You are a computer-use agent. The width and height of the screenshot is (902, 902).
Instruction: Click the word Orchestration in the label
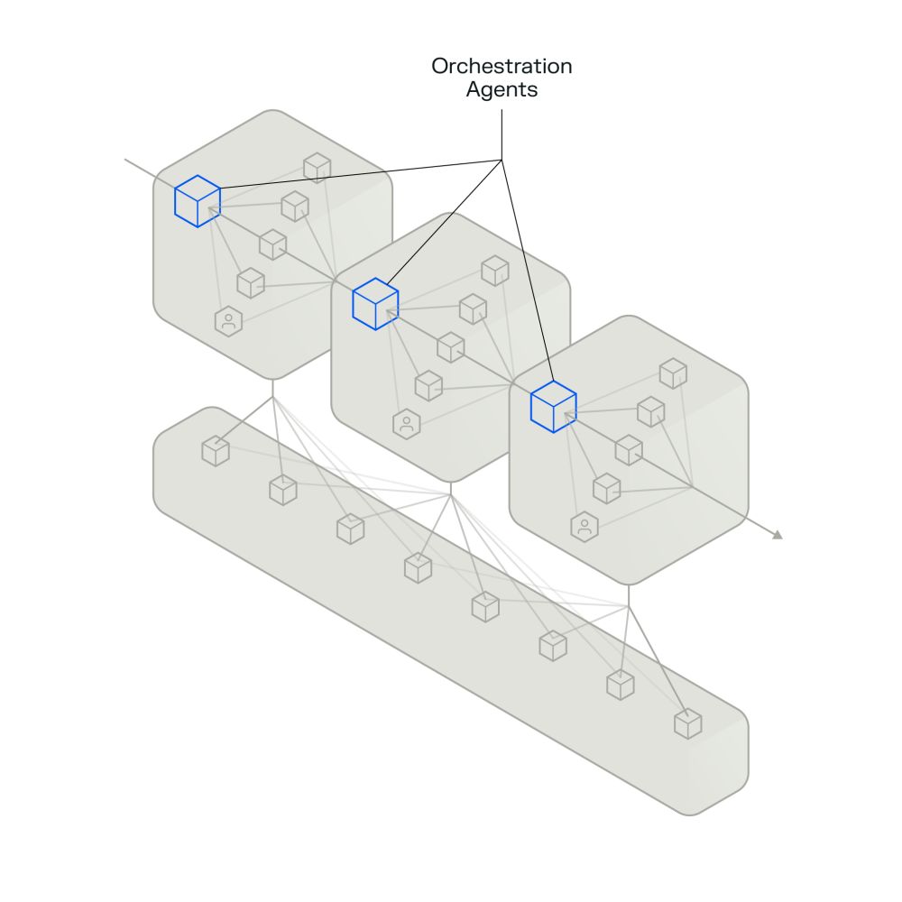pos(501,67)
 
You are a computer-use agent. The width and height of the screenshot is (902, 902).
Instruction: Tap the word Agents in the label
pos(501,90)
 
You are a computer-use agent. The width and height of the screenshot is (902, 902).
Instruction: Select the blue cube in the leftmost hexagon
pos(198,200)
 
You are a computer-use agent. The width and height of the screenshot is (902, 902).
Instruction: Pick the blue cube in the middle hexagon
pos(375,304)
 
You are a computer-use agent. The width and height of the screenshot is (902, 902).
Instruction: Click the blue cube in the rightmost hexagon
pos(553,407)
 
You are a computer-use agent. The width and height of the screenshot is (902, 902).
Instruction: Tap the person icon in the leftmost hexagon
pos(229,320)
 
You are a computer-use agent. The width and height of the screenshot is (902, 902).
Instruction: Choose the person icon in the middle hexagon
pos(407,423)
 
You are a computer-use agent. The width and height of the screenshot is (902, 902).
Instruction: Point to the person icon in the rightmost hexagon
pos(584,527)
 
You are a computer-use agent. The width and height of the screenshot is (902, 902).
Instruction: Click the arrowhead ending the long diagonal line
pos(778,536)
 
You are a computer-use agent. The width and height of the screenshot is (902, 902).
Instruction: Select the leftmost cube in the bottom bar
pos(216,450)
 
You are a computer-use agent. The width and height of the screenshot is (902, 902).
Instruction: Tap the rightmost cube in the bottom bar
pos(687,723)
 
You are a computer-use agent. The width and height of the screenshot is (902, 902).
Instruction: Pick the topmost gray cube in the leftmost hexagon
pos(317,167)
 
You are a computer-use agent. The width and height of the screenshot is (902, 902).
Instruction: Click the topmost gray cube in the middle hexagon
pos(494,271)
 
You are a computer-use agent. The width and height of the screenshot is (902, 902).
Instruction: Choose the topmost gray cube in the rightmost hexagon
pos(673,373)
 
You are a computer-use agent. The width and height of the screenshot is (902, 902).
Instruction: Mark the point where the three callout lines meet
pos(502,161)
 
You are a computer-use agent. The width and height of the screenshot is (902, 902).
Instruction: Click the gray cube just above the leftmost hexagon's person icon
pos(251,282)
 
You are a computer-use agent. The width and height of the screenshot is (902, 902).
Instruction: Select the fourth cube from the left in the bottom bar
pos(418,567)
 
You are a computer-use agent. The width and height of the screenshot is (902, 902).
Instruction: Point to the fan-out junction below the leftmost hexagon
pos(272,398)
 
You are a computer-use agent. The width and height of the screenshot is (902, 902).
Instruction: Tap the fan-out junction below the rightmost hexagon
pos(628,605)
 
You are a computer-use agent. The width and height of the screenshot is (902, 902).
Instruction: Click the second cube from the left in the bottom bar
pos(283,490)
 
